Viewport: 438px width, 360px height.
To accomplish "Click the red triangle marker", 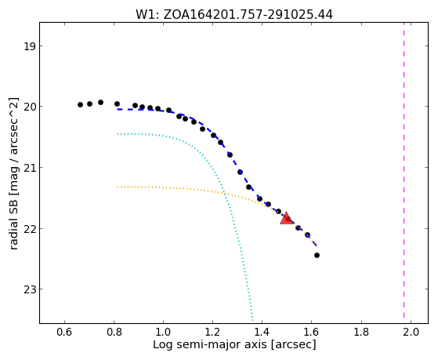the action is (286, 218).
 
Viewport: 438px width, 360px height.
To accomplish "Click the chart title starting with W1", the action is (234, 15).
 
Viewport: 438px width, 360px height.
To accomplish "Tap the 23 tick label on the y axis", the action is (29, 289).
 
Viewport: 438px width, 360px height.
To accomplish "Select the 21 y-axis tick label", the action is (29, 168).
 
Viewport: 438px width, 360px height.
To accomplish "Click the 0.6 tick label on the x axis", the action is (64, 332).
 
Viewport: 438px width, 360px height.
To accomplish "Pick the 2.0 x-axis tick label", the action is (411, 332).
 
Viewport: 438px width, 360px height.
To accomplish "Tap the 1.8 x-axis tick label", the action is (361, 332).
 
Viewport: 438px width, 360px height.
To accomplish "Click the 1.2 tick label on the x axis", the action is (213, 332).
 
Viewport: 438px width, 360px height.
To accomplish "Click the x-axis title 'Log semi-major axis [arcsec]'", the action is (234, 345).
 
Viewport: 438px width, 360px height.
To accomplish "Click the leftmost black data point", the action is (80, 104).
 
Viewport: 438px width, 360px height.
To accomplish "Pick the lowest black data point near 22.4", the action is (317, 255).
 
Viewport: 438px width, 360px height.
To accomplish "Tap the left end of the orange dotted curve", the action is (118, 187).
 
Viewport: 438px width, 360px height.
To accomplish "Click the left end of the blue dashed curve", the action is (118, 109).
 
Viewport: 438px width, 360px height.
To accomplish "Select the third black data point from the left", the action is (100, 103).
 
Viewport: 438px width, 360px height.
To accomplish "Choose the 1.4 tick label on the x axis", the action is (262, 332).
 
